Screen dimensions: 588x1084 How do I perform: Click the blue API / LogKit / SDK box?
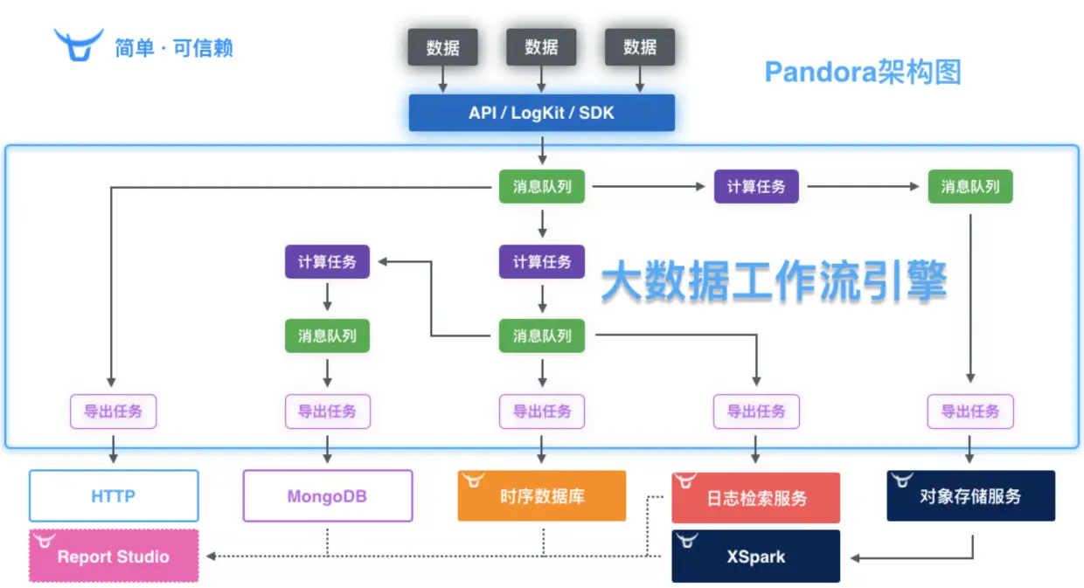point(541,113)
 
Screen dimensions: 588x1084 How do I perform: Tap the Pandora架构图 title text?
point(863,72)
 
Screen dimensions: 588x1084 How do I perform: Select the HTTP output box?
point(114,496)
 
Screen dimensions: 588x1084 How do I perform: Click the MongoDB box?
point(327,496)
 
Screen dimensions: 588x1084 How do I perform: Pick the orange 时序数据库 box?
point(542,496)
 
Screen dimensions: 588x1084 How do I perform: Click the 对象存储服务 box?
point(970,496)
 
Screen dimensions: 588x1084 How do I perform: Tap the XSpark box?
point(756,557)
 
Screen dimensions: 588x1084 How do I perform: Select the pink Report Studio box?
point(114,557)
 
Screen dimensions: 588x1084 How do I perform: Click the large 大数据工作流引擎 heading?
point(775,283)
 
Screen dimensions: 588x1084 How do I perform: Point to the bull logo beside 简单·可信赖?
point(79,45)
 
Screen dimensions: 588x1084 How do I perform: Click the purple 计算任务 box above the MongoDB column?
point(327,261)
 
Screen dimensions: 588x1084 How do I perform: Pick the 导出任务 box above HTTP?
point(114,412)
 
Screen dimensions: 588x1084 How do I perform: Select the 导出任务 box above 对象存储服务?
point(970,412)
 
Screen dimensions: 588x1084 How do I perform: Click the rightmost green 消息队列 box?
point(970,187)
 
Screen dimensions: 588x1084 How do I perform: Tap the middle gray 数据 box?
point(541,47)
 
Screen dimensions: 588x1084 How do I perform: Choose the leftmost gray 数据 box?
point(443,47)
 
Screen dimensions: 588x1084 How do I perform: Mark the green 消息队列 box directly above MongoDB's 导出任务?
point(327,336)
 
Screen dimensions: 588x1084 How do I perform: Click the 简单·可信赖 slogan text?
point(174,47)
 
